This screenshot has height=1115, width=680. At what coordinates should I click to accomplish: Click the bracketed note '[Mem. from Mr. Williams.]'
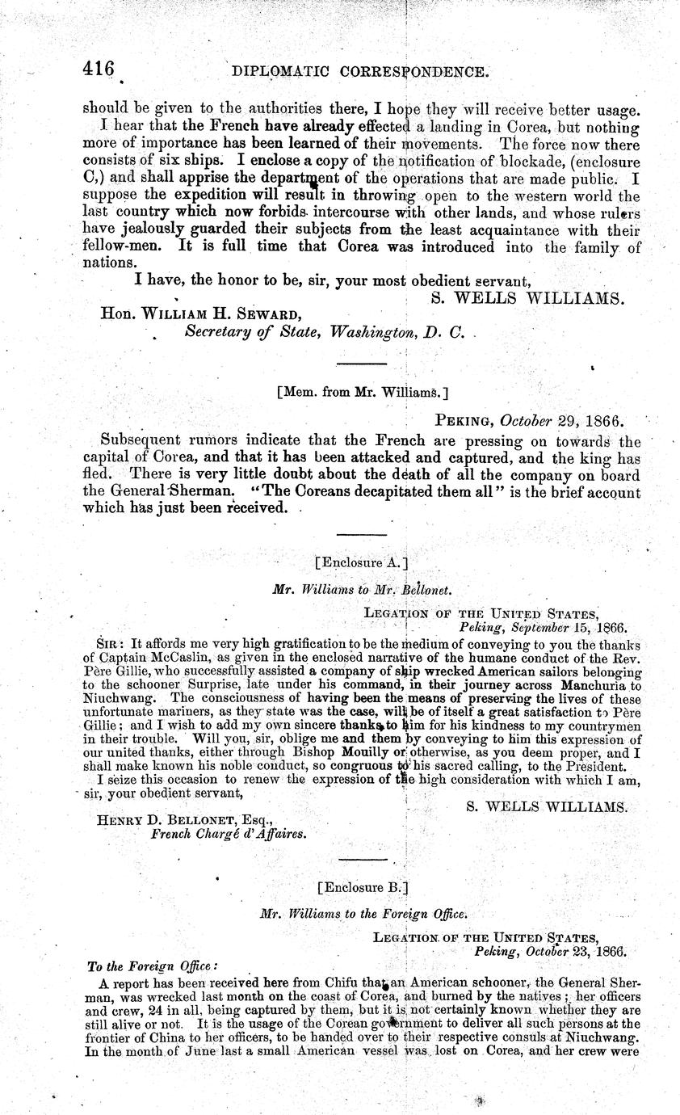coord(362,393)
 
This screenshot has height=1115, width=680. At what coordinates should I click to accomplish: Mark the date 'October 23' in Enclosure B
coord(550,951)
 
